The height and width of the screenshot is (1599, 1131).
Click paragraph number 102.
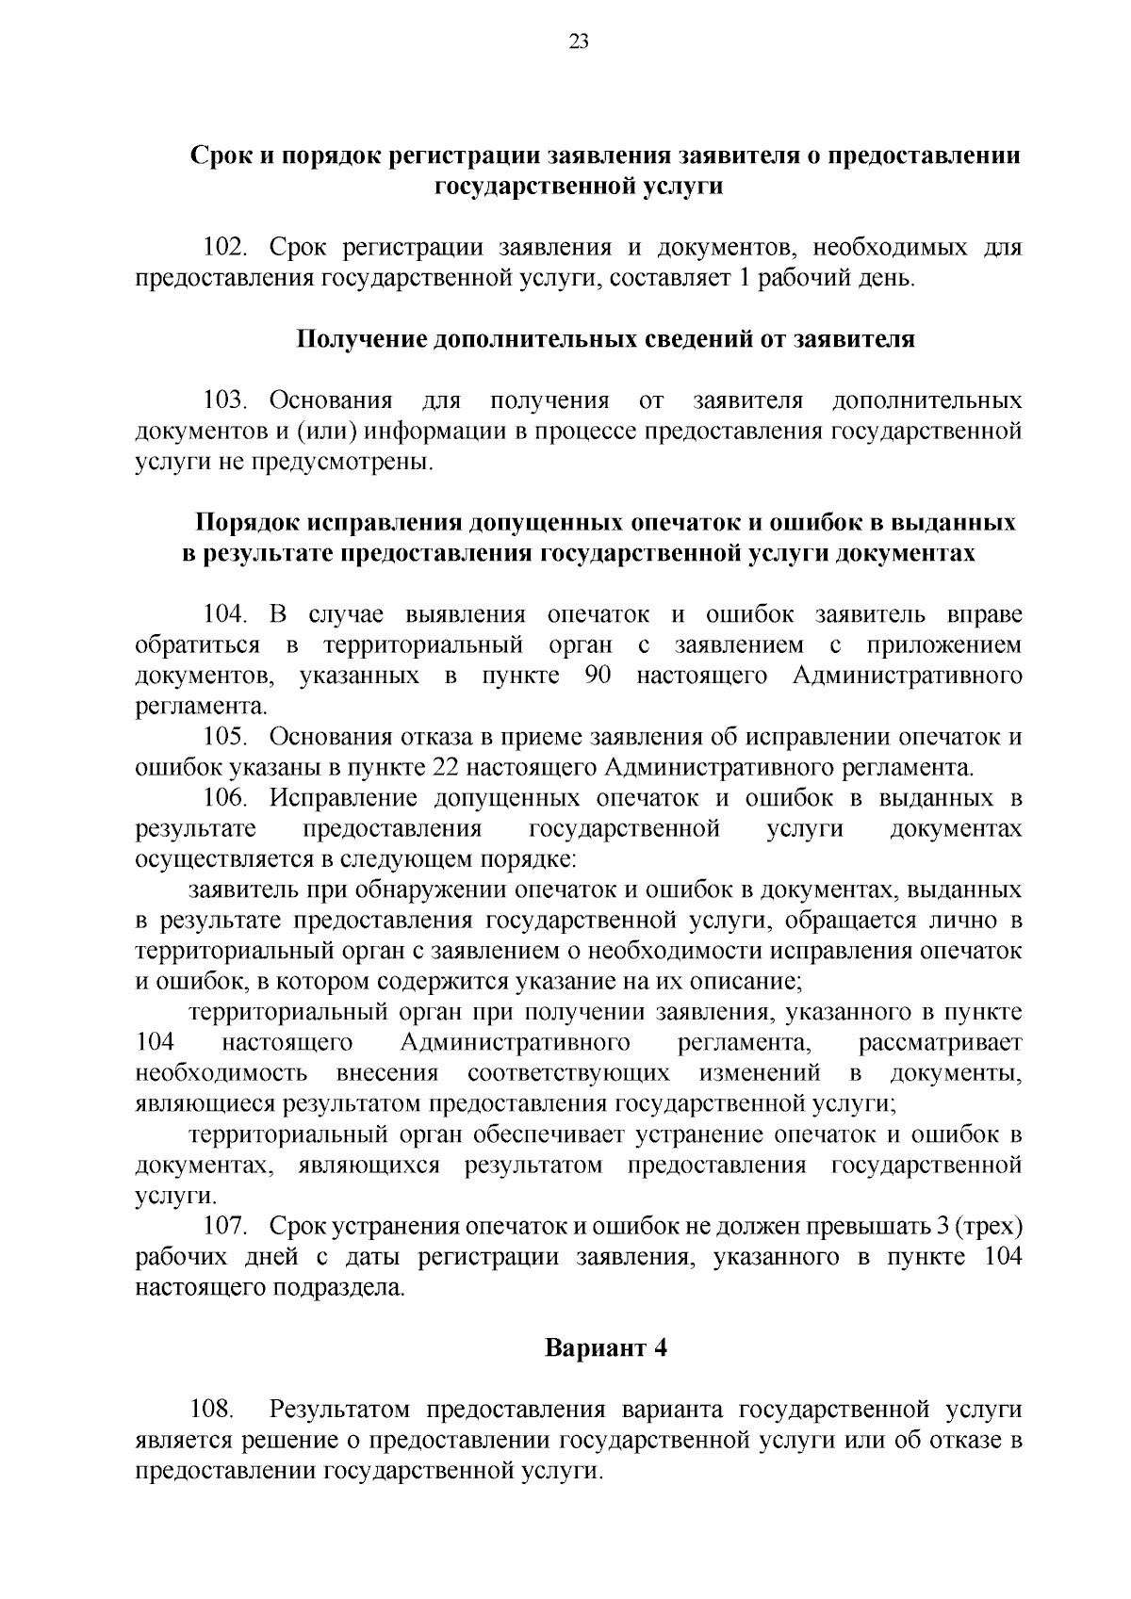pos(225,249)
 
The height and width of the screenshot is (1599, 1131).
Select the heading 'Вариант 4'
pos(606,1348)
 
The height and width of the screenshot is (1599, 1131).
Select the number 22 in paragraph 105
pos(443,768)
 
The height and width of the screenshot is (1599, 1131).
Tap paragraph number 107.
pos(225,1227)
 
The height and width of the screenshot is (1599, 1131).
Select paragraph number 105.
pos(225,738)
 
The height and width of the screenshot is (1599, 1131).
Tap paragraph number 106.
pos(225,799)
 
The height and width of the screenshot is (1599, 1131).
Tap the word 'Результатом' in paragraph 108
pos(341,1410)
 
